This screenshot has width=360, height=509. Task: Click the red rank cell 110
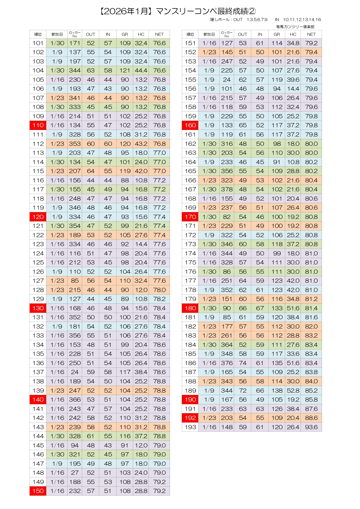point(38,125)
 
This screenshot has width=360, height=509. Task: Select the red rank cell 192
point(190,418)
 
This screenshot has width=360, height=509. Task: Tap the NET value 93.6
point(311,427)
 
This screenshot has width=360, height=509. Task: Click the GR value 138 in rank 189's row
point(277,391)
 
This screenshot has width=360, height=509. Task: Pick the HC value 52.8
point(293,391)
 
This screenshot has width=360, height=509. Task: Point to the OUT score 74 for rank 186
point(243,363)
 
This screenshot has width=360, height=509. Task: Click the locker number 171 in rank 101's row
point(75,43)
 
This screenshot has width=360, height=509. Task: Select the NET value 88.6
point(311,418)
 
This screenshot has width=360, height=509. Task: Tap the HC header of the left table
point(141,34)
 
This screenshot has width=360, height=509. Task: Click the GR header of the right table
point(277,34)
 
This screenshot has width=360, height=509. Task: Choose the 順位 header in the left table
point(38,34)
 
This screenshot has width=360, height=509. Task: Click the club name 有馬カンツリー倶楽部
point(295,27)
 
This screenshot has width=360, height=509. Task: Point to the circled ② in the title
point(252,11)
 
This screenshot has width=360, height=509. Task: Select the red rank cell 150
point(38,491)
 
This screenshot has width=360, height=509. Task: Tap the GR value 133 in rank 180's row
point(277,308)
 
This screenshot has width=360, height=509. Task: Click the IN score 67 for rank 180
point(260,308)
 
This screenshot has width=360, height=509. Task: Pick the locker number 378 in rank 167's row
point(227,189)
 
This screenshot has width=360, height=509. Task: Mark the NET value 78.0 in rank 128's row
point(159,290)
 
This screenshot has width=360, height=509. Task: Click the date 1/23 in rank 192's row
point(209,418)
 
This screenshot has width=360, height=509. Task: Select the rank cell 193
point(190,427)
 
